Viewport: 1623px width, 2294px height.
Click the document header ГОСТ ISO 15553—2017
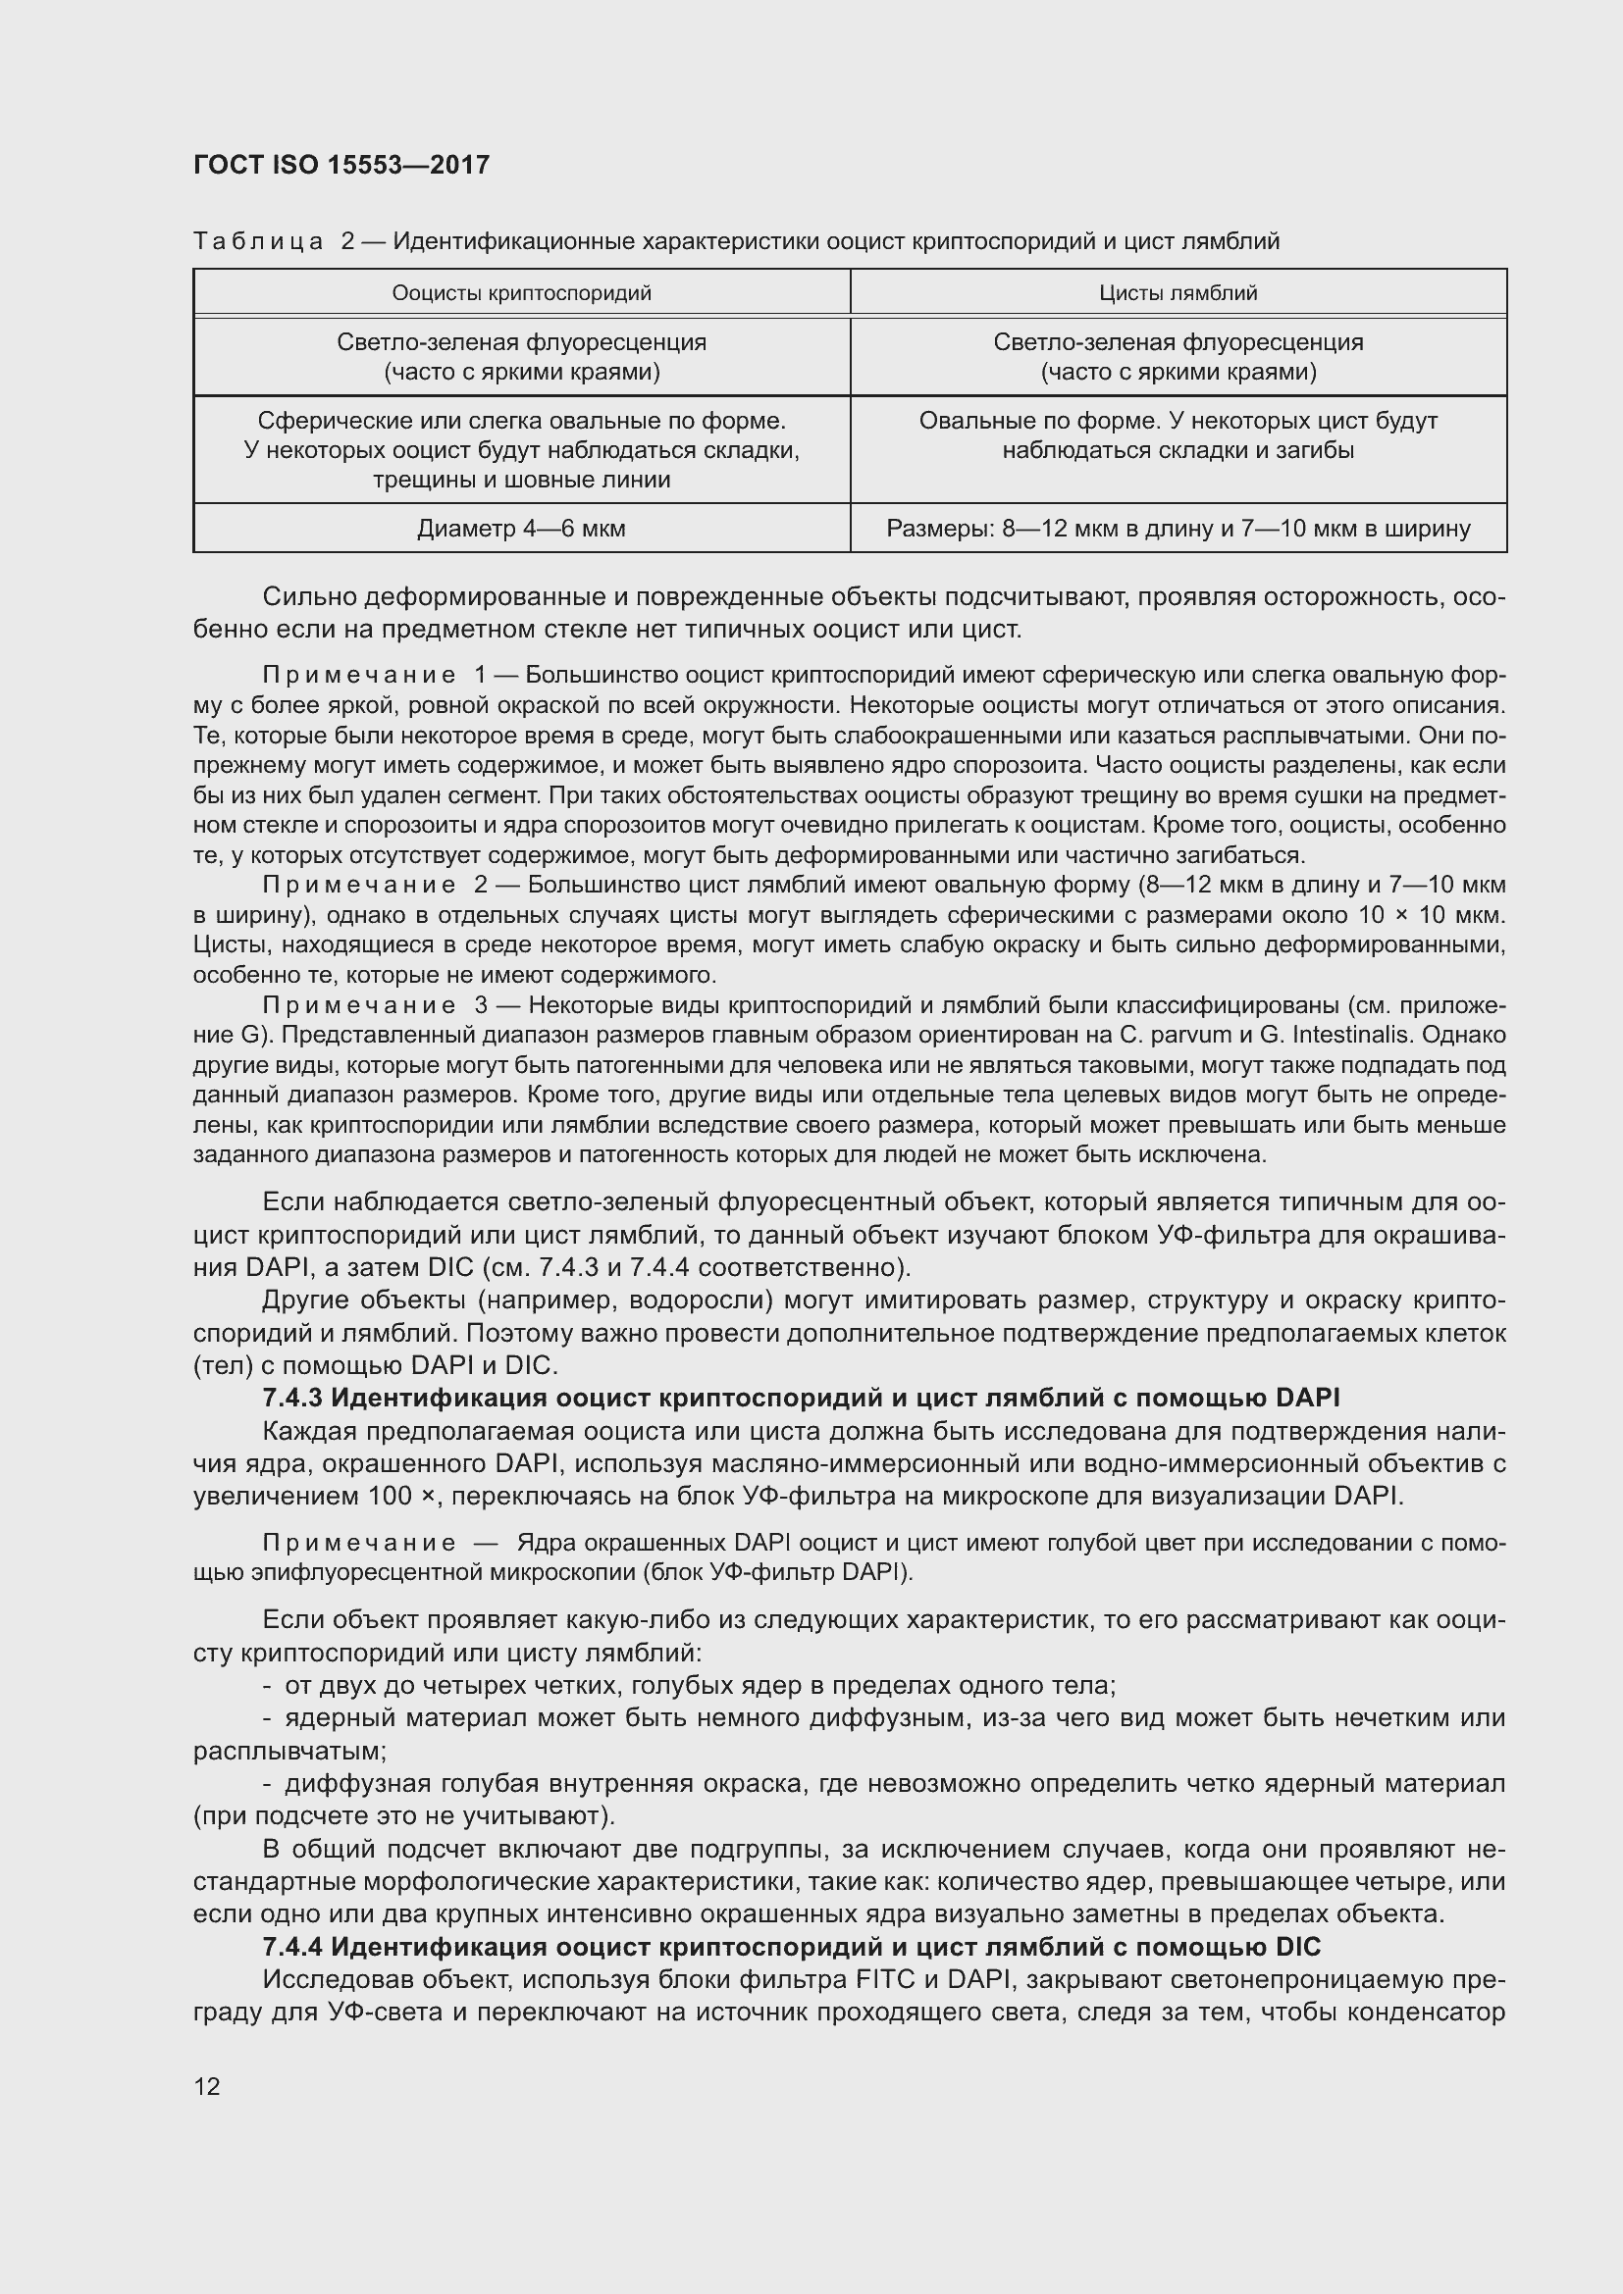click(341, 165)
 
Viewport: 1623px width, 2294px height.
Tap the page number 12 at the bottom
click(207, 2086)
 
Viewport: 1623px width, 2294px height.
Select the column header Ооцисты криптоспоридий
click(522, 292)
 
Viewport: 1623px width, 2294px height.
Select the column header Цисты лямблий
click(1178, 292)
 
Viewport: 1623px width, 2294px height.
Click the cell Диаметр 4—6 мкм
click(522, 529)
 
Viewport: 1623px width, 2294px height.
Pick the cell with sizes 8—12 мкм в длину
click(1178, 529)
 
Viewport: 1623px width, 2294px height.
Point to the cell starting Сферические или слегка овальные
click(522, 449)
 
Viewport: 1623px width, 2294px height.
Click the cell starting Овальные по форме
click(1178, 435)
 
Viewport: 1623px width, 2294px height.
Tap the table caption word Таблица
click(258, 242)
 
